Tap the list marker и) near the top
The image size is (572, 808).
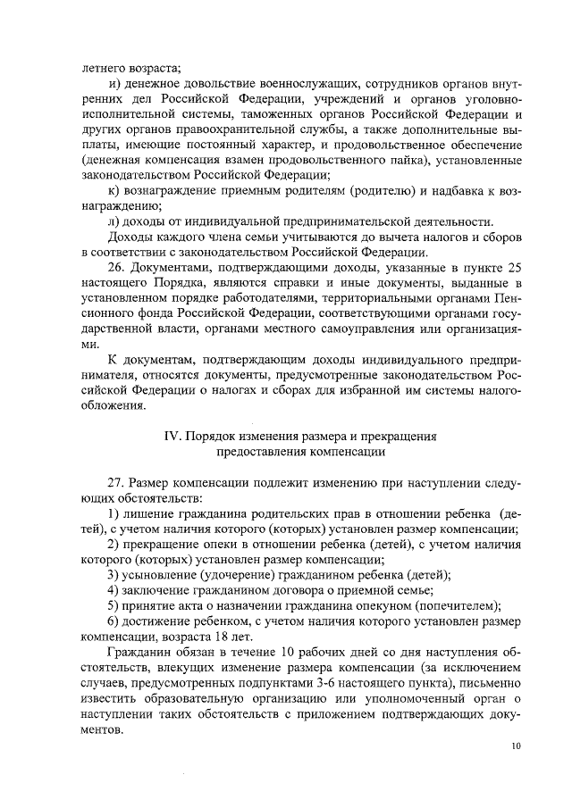pos(114,82)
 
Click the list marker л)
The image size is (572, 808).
pos(114,221)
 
